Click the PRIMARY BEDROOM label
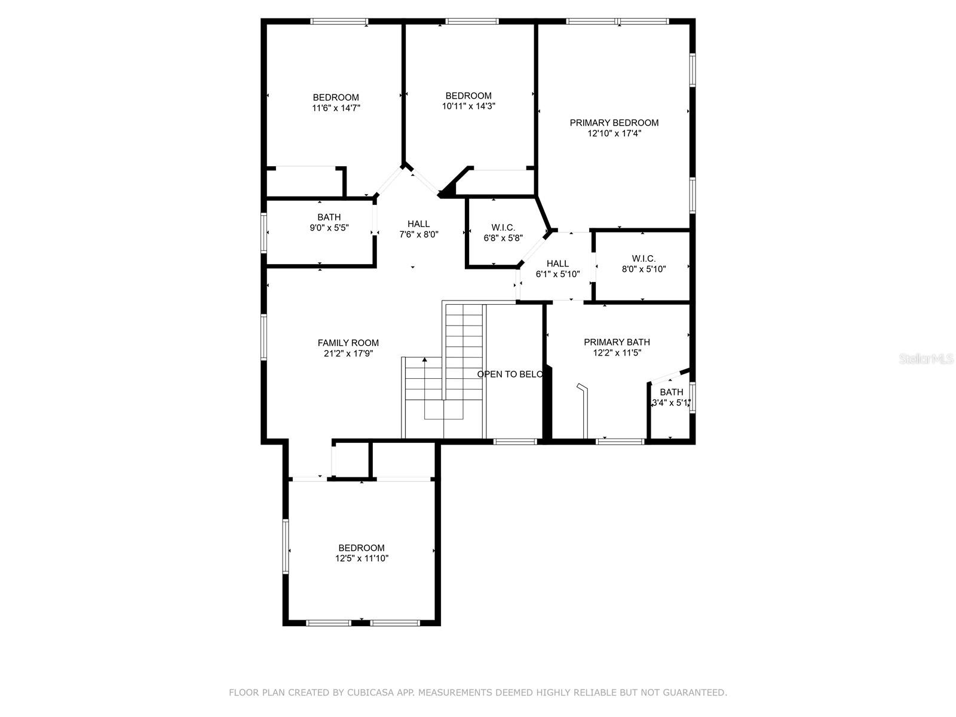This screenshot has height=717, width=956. (x=614, y=122)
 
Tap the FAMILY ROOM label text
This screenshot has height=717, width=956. (x=348, y=343)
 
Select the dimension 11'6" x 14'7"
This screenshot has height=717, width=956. (x=336, y=108)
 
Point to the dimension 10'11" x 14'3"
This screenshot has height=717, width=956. (x=468, y=106)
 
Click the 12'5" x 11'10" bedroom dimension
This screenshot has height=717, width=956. (x=361, y=559)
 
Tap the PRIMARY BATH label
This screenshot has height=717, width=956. (x=617, y=342)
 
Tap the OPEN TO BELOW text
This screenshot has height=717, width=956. (x=510, y=375)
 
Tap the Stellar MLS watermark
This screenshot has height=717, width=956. (x=926, y=358)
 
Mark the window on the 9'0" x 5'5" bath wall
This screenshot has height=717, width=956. (x=263, y=232)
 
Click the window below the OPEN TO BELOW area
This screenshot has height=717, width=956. (x=515, y=442)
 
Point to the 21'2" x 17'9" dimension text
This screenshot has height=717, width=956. (x=348, y=354)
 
